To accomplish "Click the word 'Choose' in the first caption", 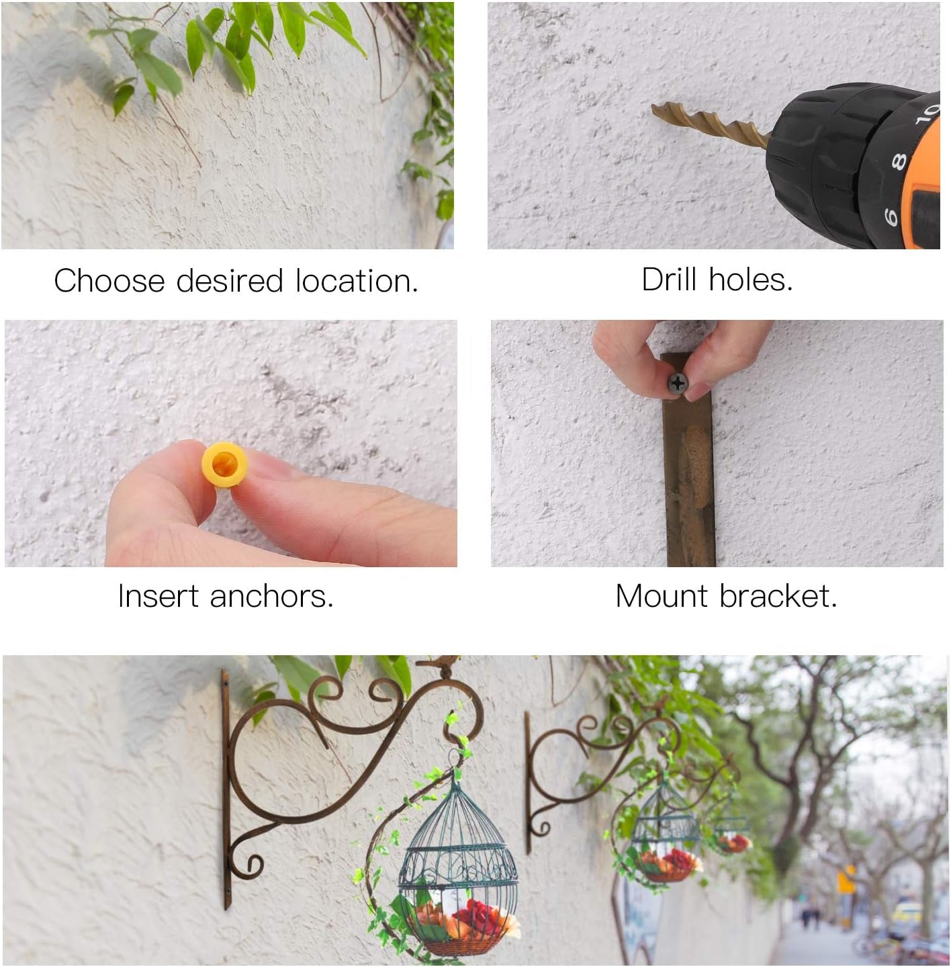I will (x=109, y=281).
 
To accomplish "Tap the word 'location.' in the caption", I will (x=357, y=281).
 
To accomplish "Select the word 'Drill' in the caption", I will (x=670, y=280).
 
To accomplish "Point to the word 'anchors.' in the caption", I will (x=271, y=596).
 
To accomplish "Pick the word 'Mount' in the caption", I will (x=661, y=596).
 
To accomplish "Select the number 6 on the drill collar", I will (x=891, y=216).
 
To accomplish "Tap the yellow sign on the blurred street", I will (x=846, y=879).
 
